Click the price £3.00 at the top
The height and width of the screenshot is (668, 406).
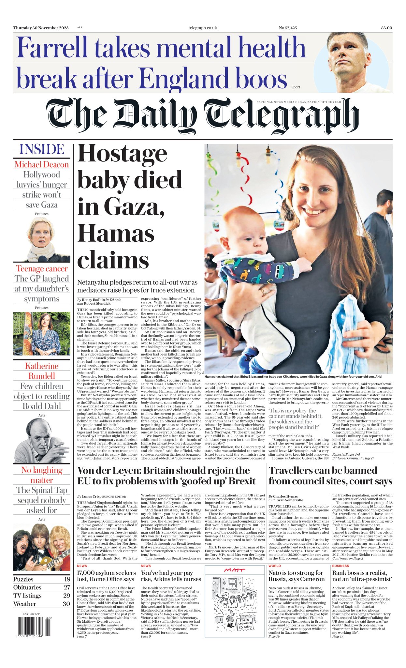pyautogui.click(x=386, y=28)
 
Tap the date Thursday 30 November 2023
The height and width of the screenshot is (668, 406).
pyautogui.click(x=41, y=28)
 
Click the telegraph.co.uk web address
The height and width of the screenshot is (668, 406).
pyautogui.click(x=203, y=28)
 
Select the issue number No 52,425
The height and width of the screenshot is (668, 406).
pyautogui.click(x=288, y=28)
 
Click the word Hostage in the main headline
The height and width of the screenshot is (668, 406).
pyautogui.click(x=122, y=154)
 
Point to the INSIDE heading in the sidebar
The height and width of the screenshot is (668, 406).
pyautogui.click(x=42, y=149)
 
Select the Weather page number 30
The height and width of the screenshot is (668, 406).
pyautogui.click(x=66, y=604)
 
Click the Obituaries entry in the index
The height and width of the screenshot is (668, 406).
pyautogui.click(x=27, y=587)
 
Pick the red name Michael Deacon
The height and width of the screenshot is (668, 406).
pyautogui.click(x=42, y=164)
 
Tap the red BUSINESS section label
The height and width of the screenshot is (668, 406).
pyautogui.click(x=341, y=566)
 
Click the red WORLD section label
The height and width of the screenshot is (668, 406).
pyautogui.click(x=274, y=566)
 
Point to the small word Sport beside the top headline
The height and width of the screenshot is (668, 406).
pyautogui.click(x=296, y=87)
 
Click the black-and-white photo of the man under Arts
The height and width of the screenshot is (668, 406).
pyautogui.click(x=41, y=440)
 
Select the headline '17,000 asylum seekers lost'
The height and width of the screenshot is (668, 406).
pyautogui.click(x=106, y=576)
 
